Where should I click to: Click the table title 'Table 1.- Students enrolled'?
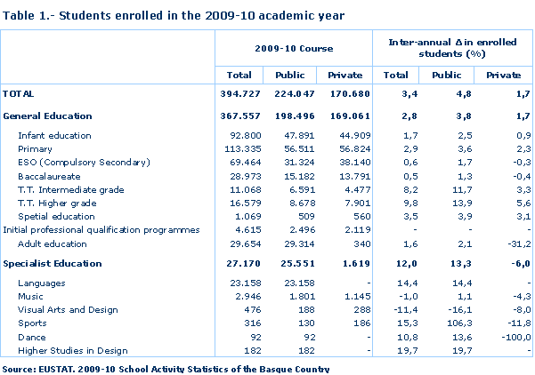pyautogui.click(x=174, y=15)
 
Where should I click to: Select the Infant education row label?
pyautogui.click(x=54, y=136)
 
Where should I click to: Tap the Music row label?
pyautogui.click(x=31, y=297)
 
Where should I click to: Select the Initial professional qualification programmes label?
pyautogui.click(x=103, y=229)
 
